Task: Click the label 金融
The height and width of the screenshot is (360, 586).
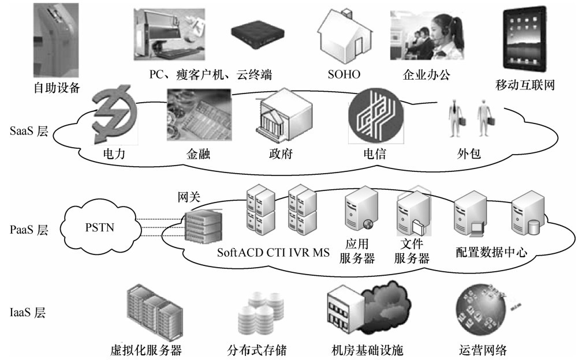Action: click(x=199, y=155)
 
